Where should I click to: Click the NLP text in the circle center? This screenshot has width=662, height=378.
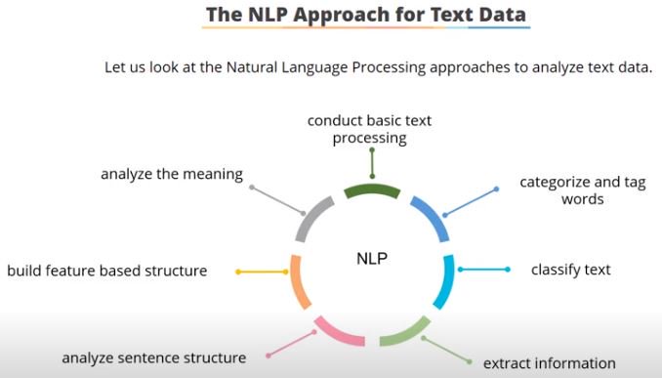pos(372,260)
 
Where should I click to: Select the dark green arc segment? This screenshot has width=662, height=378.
pos(371,190)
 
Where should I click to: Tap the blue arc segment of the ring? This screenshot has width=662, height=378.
pos(430,217)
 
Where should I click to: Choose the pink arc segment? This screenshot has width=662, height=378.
pos(338,333)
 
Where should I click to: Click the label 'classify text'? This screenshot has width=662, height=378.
pos(570,270)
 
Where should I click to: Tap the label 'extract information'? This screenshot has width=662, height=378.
pos(549,363)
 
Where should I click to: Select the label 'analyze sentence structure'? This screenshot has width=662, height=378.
pos(154,357)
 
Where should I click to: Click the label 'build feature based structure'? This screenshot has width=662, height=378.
pos(107,271)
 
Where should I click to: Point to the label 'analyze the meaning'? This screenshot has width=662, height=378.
pos(171,174)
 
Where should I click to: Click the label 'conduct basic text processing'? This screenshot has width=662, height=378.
pos(369,129)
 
